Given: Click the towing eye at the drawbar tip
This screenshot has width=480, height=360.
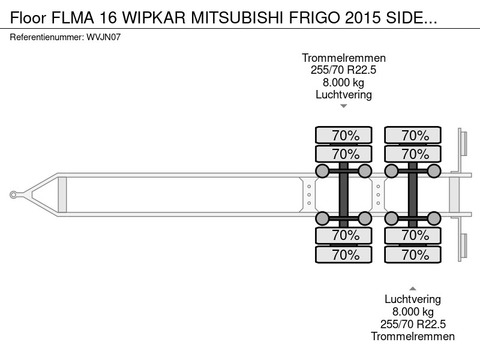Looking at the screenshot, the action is click(13, 194).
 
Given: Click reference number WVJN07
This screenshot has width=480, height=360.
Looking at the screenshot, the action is click(103, 37).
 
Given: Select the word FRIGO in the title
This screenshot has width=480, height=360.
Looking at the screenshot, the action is click(316, 18).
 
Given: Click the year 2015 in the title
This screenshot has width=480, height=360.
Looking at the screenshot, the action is click(363, 18).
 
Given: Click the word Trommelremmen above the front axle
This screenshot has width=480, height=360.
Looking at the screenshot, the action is click(343, 58).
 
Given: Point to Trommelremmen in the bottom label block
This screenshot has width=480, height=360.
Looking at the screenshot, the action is click(413, 337).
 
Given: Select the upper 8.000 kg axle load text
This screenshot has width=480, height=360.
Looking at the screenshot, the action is click(343, 82).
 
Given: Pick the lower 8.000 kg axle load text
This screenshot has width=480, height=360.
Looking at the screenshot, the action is click(413, 312).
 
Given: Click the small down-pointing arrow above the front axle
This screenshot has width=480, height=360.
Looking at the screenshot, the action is click(343, 106).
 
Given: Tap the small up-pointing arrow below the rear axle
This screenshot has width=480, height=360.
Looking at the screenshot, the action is click(413, 289).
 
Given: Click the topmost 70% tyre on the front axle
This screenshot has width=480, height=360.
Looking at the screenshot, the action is click(343, 135).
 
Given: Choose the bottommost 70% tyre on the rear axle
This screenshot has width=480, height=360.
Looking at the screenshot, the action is click(413, 254).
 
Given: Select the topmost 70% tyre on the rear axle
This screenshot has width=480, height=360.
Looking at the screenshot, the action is click(413, 135).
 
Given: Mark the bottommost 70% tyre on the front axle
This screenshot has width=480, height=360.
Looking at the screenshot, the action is click(343, 254).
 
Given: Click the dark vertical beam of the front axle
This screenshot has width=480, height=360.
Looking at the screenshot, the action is click(343, 194).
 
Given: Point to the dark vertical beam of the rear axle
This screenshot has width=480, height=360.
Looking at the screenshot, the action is click(413, 194).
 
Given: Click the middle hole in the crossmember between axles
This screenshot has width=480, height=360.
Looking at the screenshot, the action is click(379, 194).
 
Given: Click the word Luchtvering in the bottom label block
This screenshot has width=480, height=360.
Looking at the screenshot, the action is click(413, 299).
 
